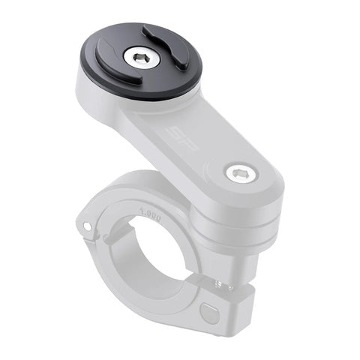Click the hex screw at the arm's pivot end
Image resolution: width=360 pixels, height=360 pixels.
(240, 173)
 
